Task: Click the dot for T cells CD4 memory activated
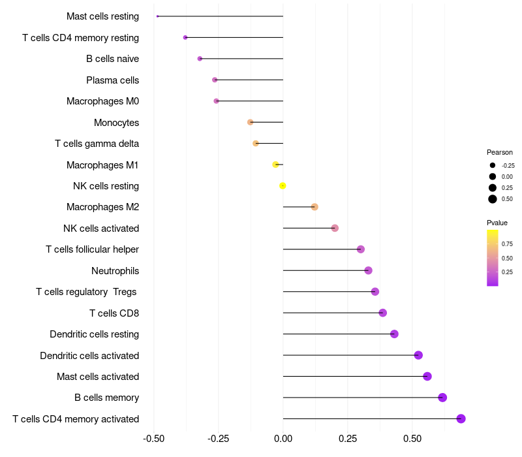(461, 418)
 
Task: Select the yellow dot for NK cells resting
(283, 185)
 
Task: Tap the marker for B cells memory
(442, 398)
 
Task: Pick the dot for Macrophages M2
(315, 207)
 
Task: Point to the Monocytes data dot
(250, 122)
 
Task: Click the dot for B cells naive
(200, 59)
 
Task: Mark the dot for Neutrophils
(368, 270)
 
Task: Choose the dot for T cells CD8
(382, 313)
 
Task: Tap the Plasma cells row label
(112, 80)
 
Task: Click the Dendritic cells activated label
(89, 356)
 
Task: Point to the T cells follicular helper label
(92, 249)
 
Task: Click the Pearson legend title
(500, 152)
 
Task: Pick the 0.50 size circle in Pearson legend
(493, 198)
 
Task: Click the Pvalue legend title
(497, 223)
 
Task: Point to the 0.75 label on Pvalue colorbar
(507, 244)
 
